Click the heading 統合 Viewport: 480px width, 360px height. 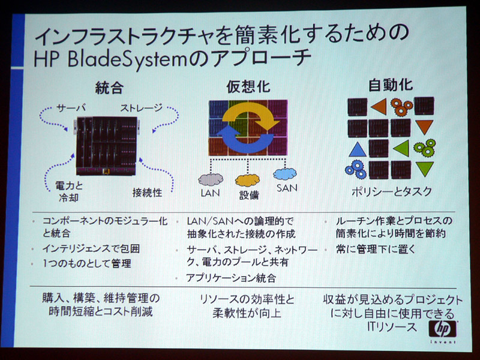pyautogui.click(x=109, y=88)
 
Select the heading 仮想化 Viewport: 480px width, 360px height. pyautogui.click(x=248, y=86)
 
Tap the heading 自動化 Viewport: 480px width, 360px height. pyautogui.click(x=391, y=85)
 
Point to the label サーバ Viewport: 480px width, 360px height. pyautogui.click(x=71, y=108)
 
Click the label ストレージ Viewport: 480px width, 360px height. pyautogui.click(x=141, y=108)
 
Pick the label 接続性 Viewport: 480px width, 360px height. pyautogui.click(x=147, y=193)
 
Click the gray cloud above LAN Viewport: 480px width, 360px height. pyautogui.click(x=211, y=179)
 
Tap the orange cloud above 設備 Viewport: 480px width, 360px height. pyautogui.click(x=247, y=181)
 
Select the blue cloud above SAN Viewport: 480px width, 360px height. pyautogui.click(x=284, y=174)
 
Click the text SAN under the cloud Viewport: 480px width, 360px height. pyautogui.click(x=287, y=188)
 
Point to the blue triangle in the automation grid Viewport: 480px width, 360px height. pyautogui.click(x=357, y=149)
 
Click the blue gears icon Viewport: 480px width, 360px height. pyautogui.click(x=356, y=169)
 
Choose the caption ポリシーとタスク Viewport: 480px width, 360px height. pyautogui.click(x=392, y=191)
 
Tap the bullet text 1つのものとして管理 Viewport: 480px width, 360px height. pyautogui.click(x=86, y=263)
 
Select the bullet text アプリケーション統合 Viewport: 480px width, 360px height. pyautogui.click(x=231, y=278)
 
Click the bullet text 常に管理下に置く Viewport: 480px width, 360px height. pyautogui.click(x=376, y=249)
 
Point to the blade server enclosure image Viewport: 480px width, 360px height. pyautogui.click(x=106, y=146)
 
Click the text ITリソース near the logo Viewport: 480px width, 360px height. pyautogui.click(x=392, y=327)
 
